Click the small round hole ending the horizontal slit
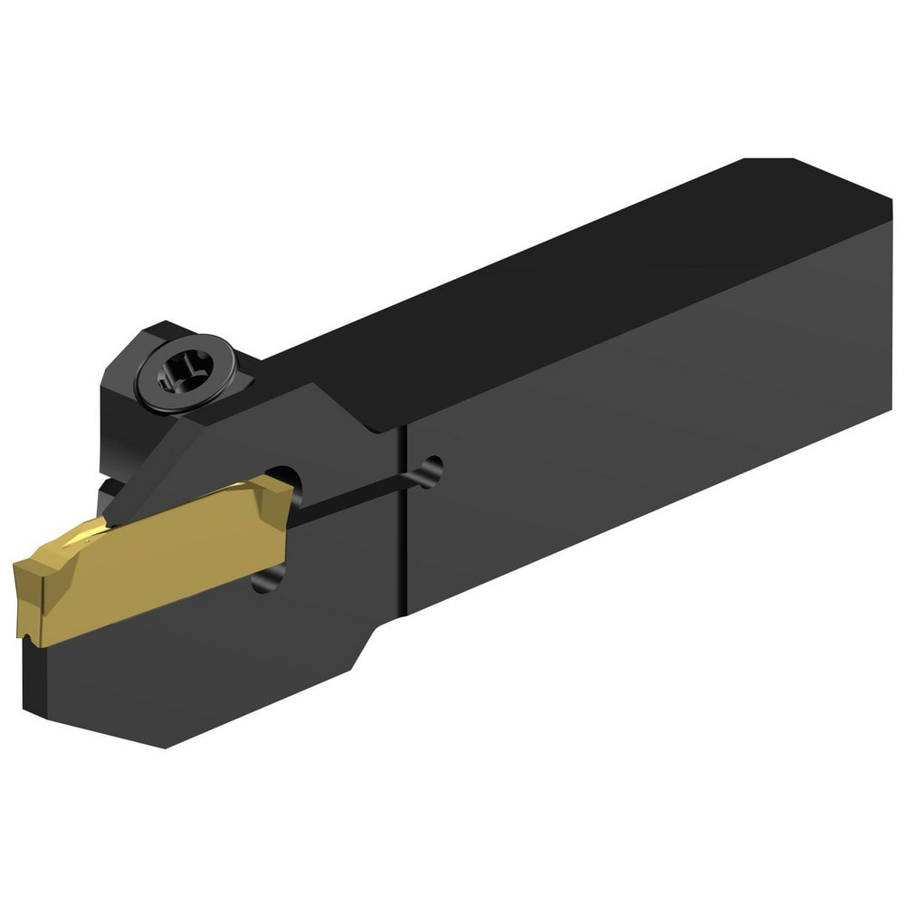pyautogui.click(x=433, y=470)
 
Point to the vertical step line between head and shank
pyautogui.click(x=404, y=525)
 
